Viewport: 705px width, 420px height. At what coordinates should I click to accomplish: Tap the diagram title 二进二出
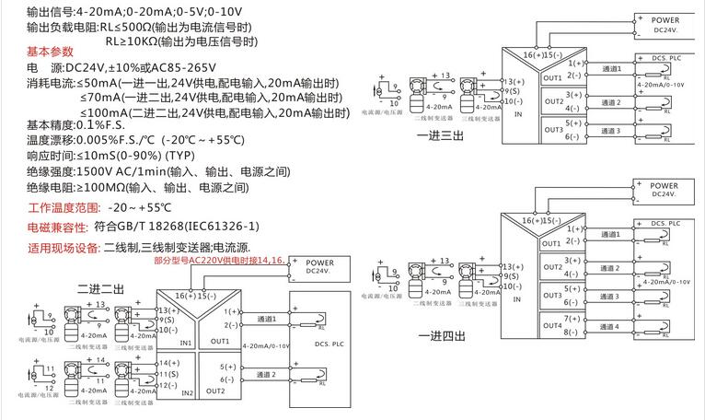click(x=100, y=289)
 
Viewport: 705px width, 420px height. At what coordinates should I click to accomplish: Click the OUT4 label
click(x=552, y=326)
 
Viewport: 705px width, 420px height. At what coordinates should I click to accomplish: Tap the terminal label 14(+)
click(x=168, y=363)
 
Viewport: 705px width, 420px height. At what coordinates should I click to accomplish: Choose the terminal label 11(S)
click(x=168, y=375)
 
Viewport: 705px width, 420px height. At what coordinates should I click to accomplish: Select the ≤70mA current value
click(x=100, y=96)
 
